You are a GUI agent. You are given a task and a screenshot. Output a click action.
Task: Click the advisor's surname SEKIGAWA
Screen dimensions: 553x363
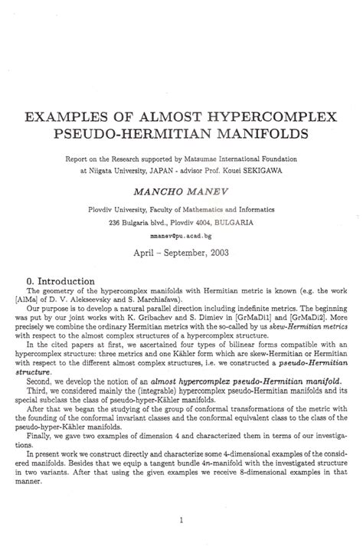point(259,170)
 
